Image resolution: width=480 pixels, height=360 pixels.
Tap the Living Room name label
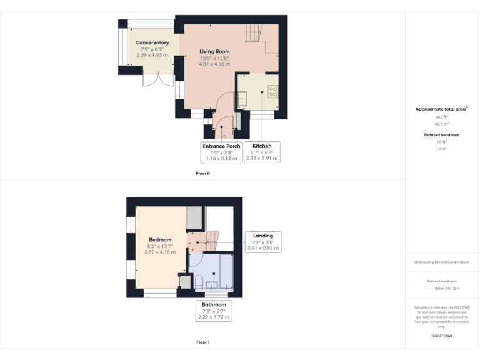pos(214,51)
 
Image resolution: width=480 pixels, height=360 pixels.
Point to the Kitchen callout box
pos(262,152)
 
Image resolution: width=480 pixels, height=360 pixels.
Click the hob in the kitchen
pos(273,91)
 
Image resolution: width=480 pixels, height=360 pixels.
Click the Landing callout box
pos(263,242)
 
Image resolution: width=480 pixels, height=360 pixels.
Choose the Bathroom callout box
pos(213,311)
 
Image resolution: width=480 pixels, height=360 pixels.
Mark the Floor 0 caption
pos(202,173)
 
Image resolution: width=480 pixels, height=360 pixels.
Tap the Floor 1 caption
pos(202,342)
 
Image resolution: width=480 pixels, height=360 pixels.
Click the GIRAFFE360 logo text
pos(441,336)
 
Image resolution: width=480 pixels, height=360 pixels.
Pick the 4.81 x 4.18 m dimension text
pos(214,64)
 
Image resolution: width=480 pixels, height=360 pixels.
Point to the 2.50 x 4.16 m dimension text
pos(160,252)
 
